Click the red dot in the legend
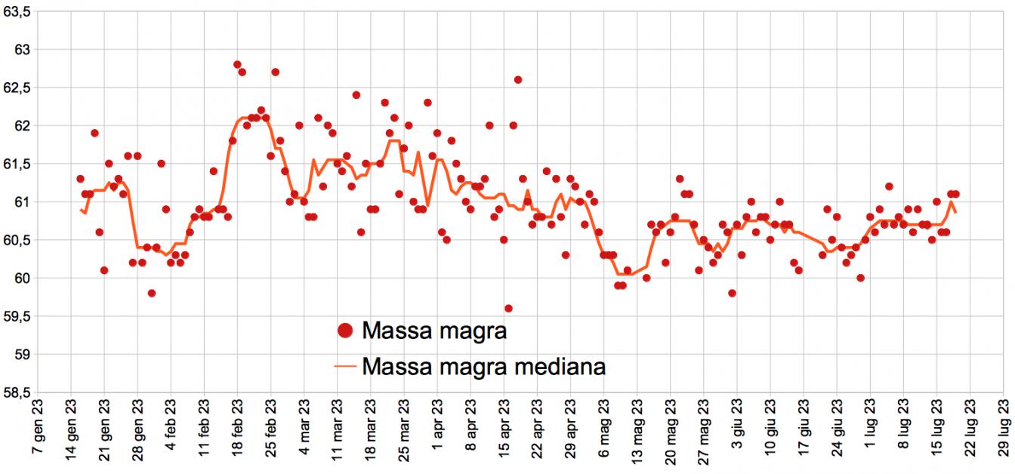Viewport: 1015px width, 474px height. click(345, 330)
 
